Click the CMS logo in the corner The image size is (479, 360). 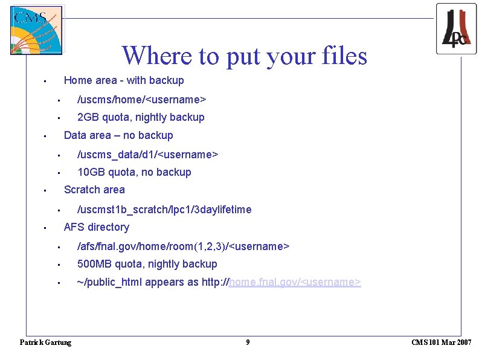(36, 30)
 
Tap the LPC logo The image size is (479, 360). (456, 28)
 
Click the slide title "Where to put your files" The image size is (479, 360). (244, 56)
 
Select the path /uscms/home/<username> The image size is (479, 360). (142, 99)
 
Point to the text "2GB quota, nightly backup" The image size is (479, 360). (141, 117)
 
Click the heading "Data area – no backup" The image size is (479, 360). (118, 135)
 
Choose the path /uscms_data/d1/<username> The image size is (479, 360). (147, 155)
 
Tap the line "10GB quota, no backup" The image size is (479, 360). (134, 172)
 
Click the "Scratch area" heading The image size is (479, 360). (94, 190)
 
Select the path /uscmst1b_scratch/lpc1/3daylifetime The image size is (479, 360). (164, 210)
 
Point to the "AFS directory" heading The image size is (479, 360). (97, 227)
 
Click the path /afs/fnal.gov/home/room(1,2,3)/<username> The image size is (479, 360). (184, 246)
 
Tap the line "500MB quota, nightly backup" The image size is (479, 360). (147, 264)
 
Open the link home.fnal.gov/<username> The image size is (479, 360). (295, 283)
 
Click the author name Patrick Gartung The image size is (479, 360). (46, 342)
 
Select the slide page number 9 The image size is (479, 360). (248, 342)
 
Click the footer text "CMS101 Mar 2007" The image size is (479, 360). (442, 342)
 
